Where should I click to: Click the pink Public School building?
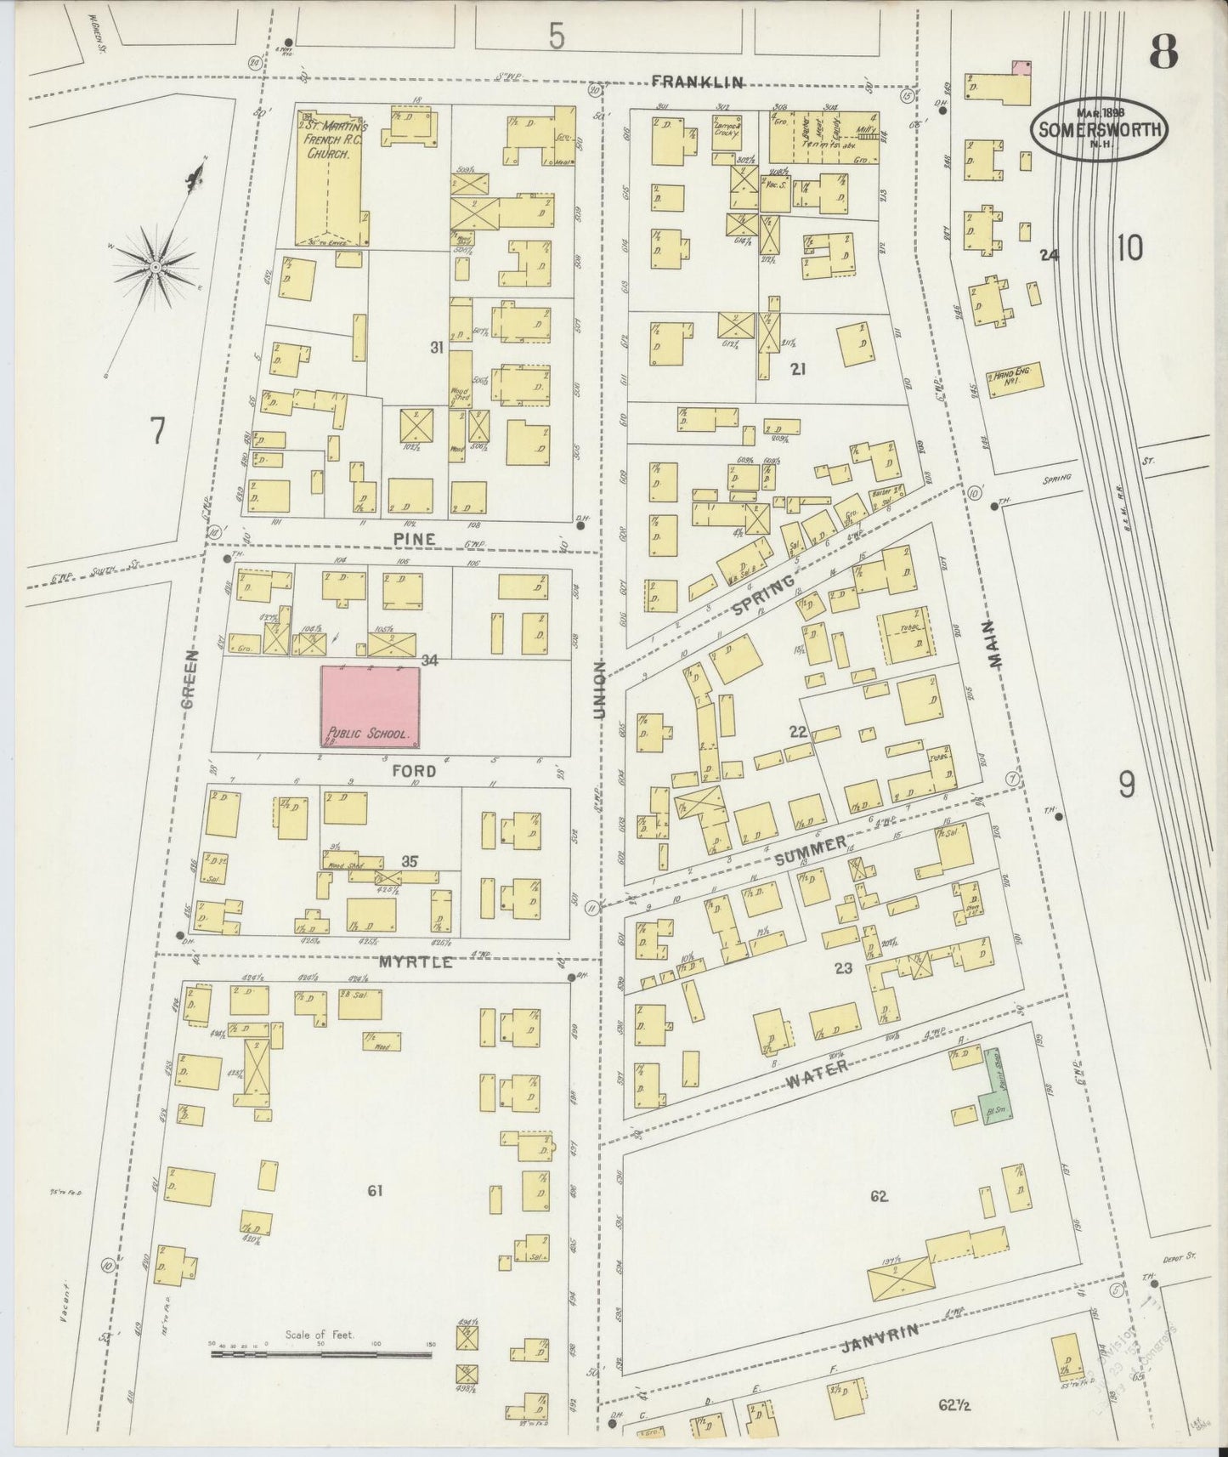(370, 707)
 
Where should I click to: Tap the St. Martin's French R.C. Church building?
(332, 177)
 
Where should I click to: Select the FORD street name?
(414, 771)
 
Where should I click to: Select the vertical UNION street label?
(599, 690)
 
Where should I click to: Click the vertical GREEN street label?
(189, 677)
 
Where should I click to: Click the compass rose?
(156, 266)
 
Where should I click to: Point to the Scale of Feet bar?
(321, 1349)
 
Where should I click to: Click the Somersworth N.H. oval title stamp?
(1099, 128)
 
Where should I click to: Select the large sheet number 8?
(1163, 54)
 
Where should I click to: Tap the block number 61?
(375, 1191)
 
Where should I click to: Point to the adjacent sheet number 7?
(156, 432)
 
